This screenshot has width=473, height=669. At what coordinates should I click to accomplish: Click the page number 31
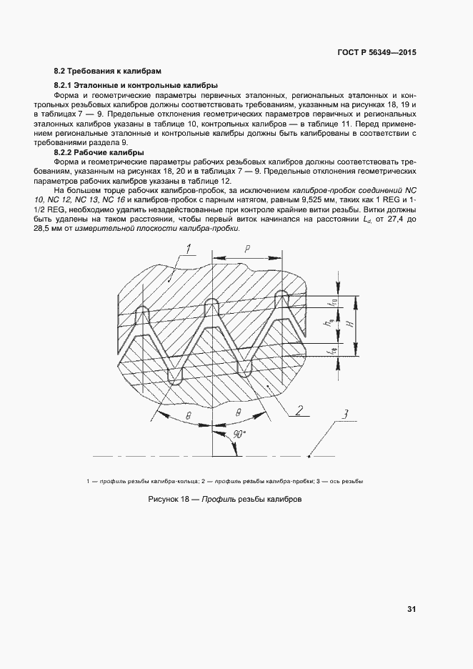pyautogui.click(x=412, y=609)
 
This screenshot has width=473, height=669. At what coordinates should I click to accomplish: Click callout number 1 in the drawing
pyautogui.click(x=188, y=249)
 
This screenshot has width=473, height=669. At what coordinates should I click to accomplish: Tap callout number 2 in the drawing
pyautogui.click(x=300, y=410)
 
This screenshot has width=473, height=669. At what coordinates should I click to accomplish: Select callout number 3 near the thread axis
pyautogui.click(x=344, y=415)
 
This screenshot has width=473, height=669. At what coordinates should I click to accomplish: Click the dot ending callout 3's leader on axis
pyautogui.click(x=308, y=455)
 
